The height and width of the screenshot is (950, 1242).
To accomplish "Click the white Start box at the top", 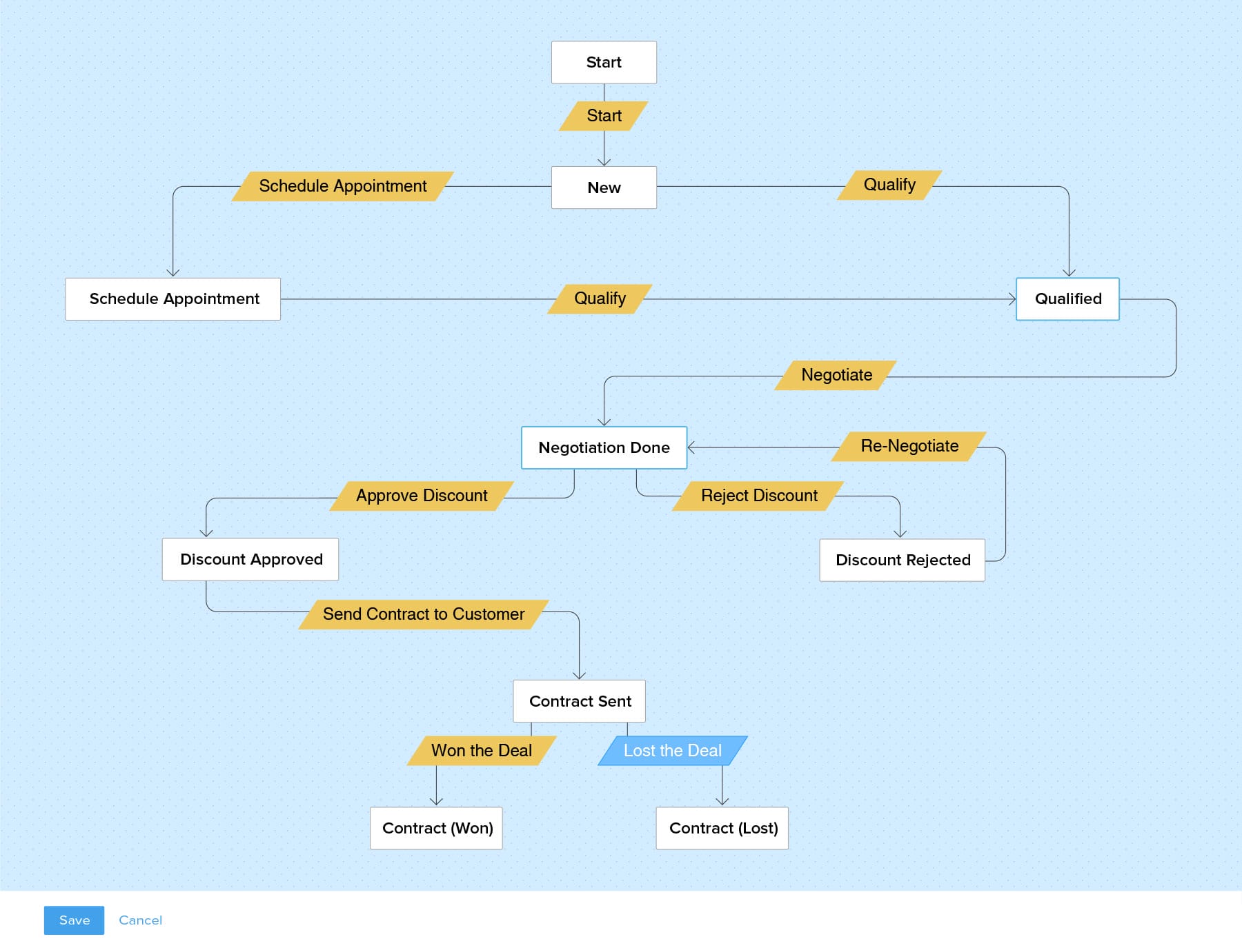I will click(x=604, y=63).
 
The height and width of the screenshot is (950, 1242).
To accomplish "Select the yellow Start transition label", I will click(x=604, y=116).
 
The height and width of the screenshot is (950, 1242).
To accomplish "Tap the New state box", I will click(x=604, y=188).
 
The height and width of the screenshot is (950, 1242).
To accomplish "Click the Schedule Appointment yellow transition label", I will click(x=343, y=186).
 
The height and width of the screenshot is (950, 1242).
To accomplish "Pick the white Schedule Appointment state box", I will click(x=173, y=299).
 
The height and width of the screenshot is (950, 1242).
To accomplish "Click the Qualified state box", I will click(x=1067, y=299).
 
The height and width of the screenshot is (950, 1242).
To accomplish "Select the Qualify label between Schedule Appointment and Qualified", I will click(x=600, y=299).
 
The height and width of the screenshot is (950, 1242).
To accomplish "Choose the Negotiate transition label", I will click(x=836, y=375).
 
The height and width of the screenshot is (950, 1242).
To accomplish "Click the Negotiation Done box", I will click(x=604, y=448).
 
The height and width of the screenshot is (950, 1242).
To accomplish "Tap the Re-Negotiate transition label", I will click(x=909, y=446).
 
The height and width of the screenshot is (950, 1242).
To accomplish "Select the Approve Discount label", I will click(x=422, y=496).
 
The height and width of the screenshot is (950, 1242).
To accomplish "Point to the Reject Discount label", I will click(x=758, y=496).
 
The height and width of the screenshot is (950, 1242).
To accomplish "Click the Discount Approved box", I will click(x=250, y=559).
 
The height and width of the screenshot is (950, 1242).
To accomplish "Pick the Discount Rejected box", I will click(x=902, y=560).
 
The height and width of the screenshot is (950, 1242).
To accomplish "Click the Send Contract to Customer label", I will click(x=424, y=614).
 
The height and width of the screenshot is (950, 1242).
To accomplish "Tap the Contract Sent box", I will click(x=580, y=701).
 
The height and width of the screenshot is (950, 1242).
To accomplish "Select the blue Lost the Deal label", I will click(x=673, y=751).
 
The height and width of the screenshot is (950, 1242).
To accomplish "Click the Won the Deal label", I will click(x=482, y=751).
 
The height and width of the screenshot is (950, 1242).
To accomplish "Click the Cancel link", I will click(x=140, y=920).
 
